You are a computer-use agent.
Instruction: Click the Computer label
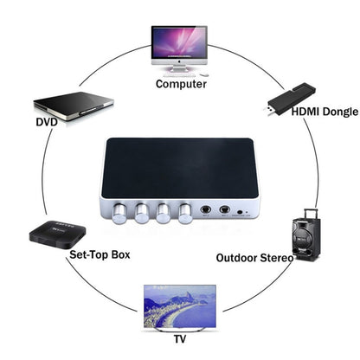point(181,85)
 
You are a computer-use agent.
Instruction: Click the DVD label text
point(47,122)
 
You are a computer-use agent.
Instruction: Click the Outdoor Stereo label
point(286,258)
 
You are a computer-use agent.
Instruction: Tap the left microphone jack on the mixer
point(206,209)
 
